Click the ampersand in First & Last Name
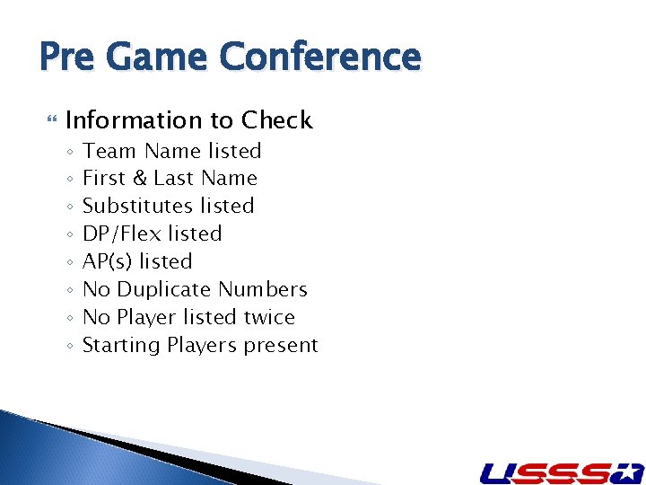138,179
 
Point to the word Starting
121,346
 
